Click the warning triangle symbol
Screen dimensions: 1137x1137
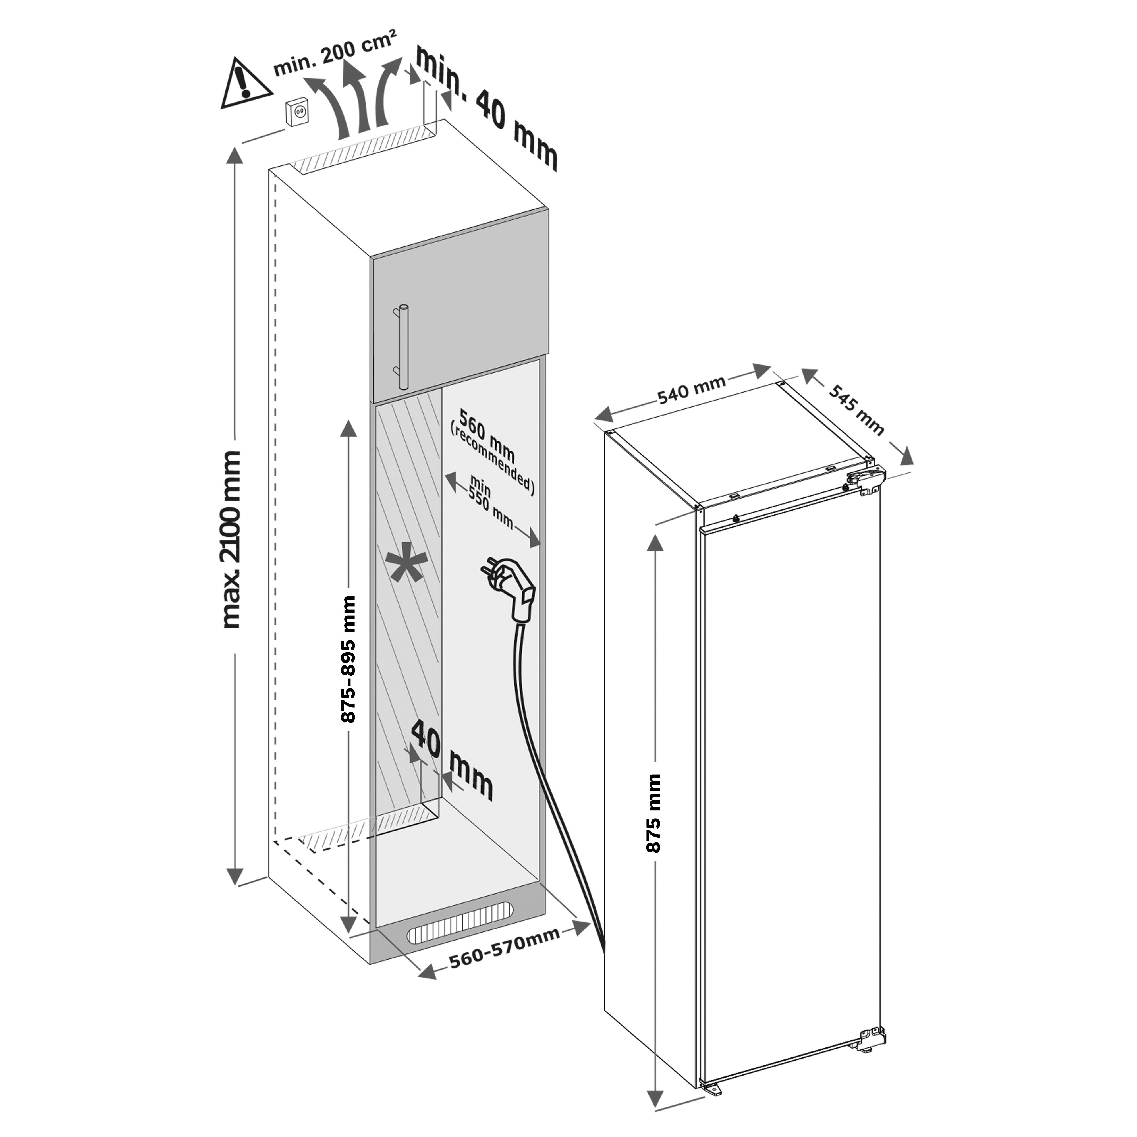245,85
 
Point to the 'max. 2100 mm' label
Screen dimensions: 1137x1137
231,538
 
